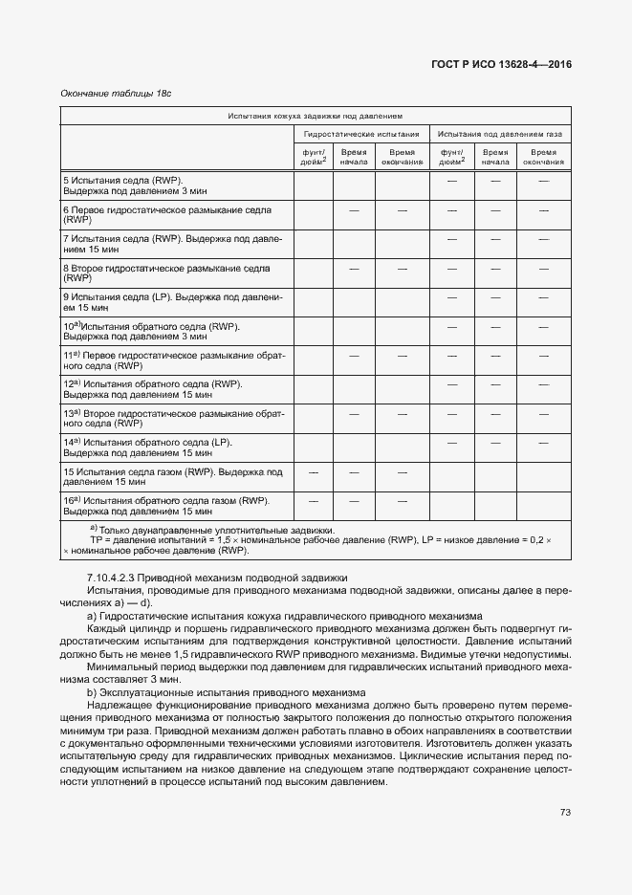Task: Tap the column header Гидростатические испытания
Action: click(x=361, y=135)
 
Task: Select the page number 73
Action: click(x=565, y=813)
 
